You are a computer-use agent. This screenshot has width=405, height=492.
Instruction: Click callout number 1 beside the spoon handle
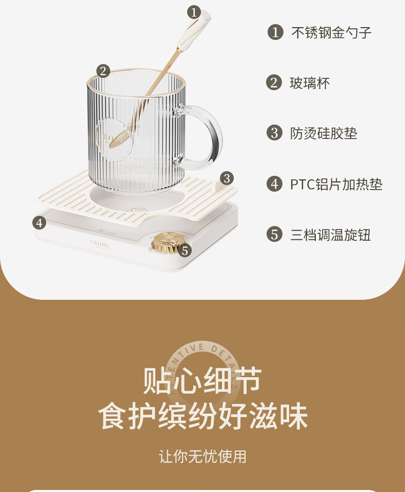[193, 12]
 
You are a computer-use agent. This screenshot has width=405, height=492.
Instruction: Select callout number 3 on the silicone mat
[227, 178]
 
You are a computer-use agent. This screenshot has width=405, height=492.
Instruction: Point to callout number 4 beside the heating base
[39, 222]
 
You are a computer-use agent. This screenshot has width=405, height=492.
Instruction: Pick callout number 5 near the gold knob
[185, 251]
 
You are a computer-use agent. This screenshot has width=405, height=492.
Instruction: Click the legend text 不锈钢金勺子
[331, 33]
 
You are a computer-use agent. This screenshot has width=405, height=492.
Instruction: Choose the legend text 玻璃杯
[310, 83]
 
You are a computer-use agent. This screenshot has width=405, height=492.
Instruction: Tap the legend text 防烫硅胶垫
[323, 133]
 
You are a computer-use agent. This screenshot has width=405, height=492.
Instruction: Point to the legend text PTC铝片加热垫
[336, 184]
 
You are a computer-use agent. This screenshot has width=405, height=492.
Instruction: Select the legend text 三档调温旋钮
[330, 235]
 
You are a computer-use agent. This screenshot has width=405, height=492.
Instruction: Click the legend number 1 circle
[275, 32]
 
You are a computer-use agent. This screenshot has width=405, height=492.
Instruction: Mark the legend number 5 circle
[275, 234]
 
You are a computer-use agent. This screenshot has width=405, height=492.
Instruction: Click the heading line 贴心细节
[202, 381]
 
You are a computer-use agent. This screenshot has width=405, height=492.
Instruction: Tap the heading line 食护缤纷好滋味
[202, 417]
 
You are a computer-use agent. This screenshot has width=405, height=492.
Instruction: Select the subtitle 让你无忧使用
[202, 456]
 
